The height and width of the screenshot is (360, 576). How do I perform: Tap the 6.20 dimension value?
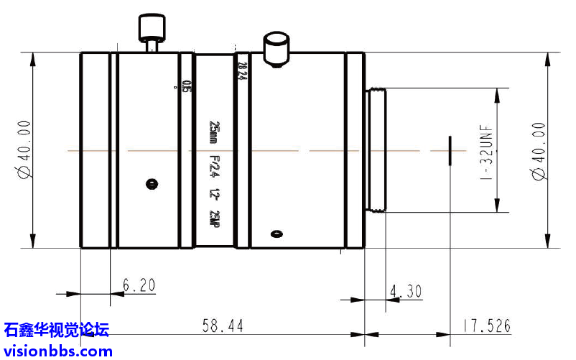(139, 285)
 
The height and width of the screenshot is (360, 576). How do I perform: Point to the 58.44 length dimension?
(222, 326)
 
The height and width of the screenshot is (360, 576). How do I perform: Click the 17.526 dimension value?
(486, 326)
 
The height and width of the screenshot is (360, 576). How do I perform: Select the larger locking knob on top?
(276, 48)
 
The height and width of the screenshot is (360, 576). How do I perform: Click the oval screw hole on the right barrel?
(276, 233)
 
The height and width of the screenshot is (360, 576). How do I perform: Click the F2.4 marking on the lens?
(213, 167)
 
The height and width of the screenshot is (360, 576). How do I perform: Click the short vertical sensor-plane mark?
(450, 150)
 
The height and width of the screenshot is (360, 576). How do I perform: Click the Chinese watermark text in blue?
(57, 331)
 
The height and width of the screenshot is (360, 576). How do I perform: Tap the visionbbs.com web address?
(58, 351)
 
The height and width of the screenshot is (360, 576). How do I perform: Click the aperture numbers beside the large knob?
(241, 71)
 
